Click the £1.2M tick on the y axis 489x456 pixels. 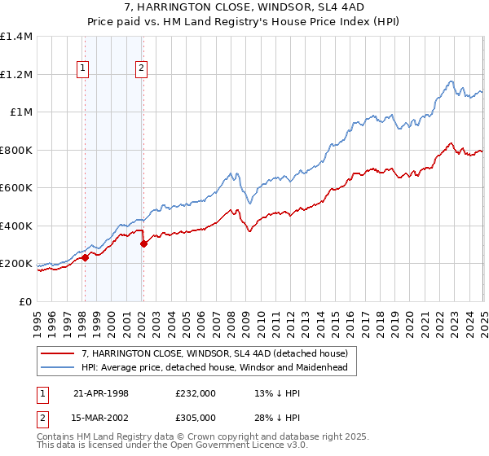[16, 74]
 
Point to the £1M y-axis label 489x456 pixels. [20, 112]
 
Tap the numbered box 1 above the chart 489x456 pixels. [84, 69]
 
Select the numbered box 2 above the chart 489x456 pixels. [142, 69]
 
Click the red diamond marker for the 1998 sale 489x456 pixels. [86, 258]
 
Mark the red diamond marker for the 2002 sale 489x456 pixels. [143, 243]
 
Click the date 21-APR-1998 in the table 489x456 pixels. [101, 393]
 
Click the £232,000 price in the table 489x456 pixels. [196, 393]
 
